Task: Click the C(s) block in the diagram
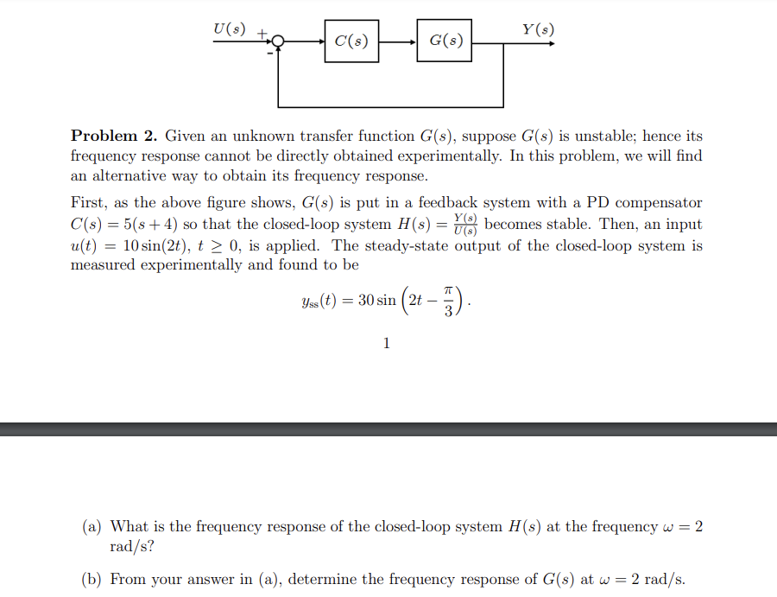click(x=351, y=41)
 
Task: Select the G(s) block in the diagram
click(x=445, y=41)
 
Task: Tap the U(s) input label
click(x=229, y=29)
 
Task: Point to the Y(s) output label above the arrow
click(x=539, y=29)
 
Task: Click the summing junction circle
click(x=278, y=41)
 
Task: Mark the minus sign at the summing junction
click(x=268, y=54)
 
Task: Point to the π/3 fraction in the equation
click(x=448, y=302)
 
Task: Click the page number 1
click(x=386, y=344)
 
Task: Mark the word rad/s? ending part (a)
click(x=132, y=547)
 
